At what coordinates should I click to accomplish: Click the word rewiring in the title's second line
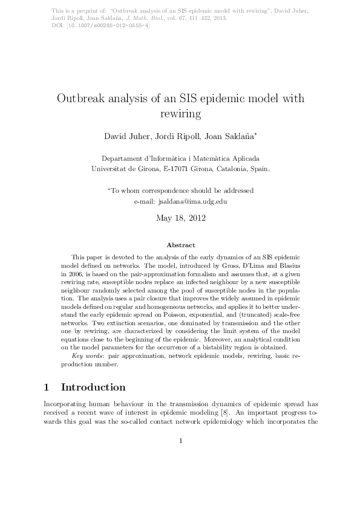point(180,113)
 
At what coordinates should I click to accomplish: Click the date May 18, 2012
point(180,218)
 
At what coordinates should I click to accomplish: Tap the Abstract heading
point(180,245)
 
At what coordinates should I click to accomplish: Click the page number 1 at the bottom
point(180,475)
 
